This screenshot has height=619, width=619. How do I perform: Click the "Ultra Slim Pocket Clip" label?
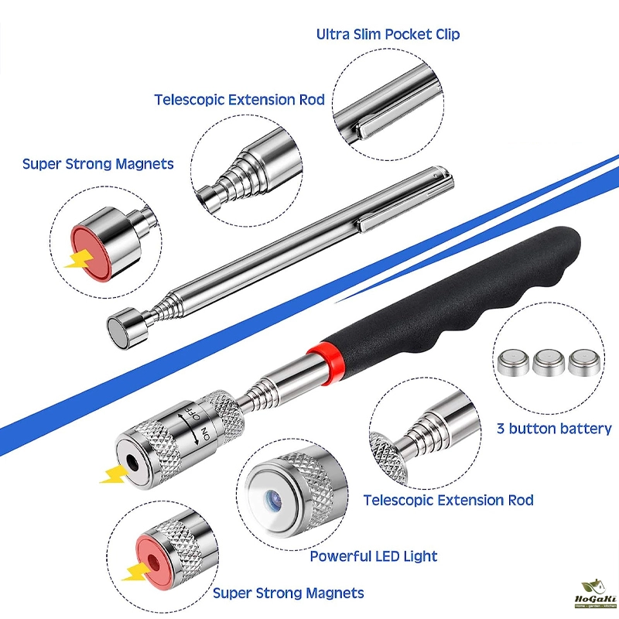pos(388,34)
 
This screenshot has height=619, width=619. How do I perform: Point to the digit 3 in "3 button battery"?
pos(501,428)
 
